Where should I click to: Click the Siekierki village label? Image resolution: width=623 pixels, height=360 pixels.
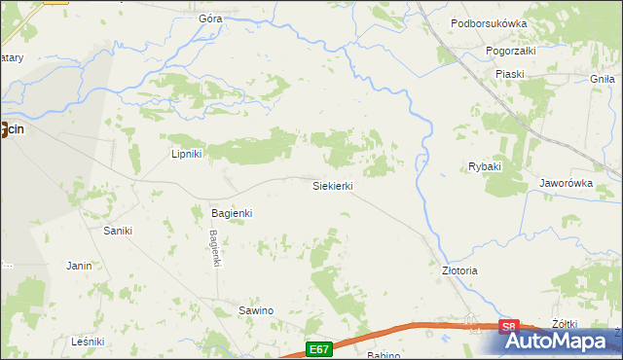click(x=332, y=185)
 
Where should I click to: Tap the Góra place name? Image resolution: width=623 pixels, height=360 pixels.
click(x=210, y=18)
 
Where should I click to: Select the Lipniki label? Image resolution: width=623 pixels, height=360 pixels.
click(x=186, y=154)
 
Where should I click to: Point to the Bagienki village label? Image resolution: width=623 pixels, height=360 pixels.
click(x=232, y=212)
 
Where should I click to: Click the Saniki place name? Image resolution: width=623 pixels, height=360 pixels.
click(x=118, y=231)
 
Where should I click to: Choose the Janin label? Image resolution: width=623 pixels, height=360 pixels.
click(x=79, y=265)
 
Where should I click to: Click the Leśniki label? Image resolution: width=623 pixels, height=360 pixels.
click(x=88, y=342)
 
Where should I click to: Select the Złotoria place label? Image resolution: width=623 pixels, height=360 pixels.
click(x=459, y=270)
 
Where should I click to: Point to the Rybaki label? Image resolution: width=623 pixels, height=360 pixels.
click(x=484, y=166)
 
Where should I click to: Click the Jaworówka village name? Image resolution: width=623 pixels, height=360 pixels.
click(x=566, y=182)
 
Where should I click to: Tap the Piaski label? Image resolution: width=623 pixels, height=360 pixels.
click(x=509, y=74)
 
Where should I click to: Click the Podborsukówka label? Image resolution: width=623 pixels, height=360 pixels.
click(x=516, y=23)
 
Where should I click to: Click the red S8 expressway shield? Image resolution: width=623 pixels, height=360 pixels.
click(x=509, y=328)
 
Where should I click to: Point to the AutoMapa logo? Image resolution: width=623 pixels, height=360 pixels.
click(x=559, y=342)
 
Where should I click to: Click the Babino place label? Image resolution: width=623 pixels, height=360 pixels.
click(x=384, y=355)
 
